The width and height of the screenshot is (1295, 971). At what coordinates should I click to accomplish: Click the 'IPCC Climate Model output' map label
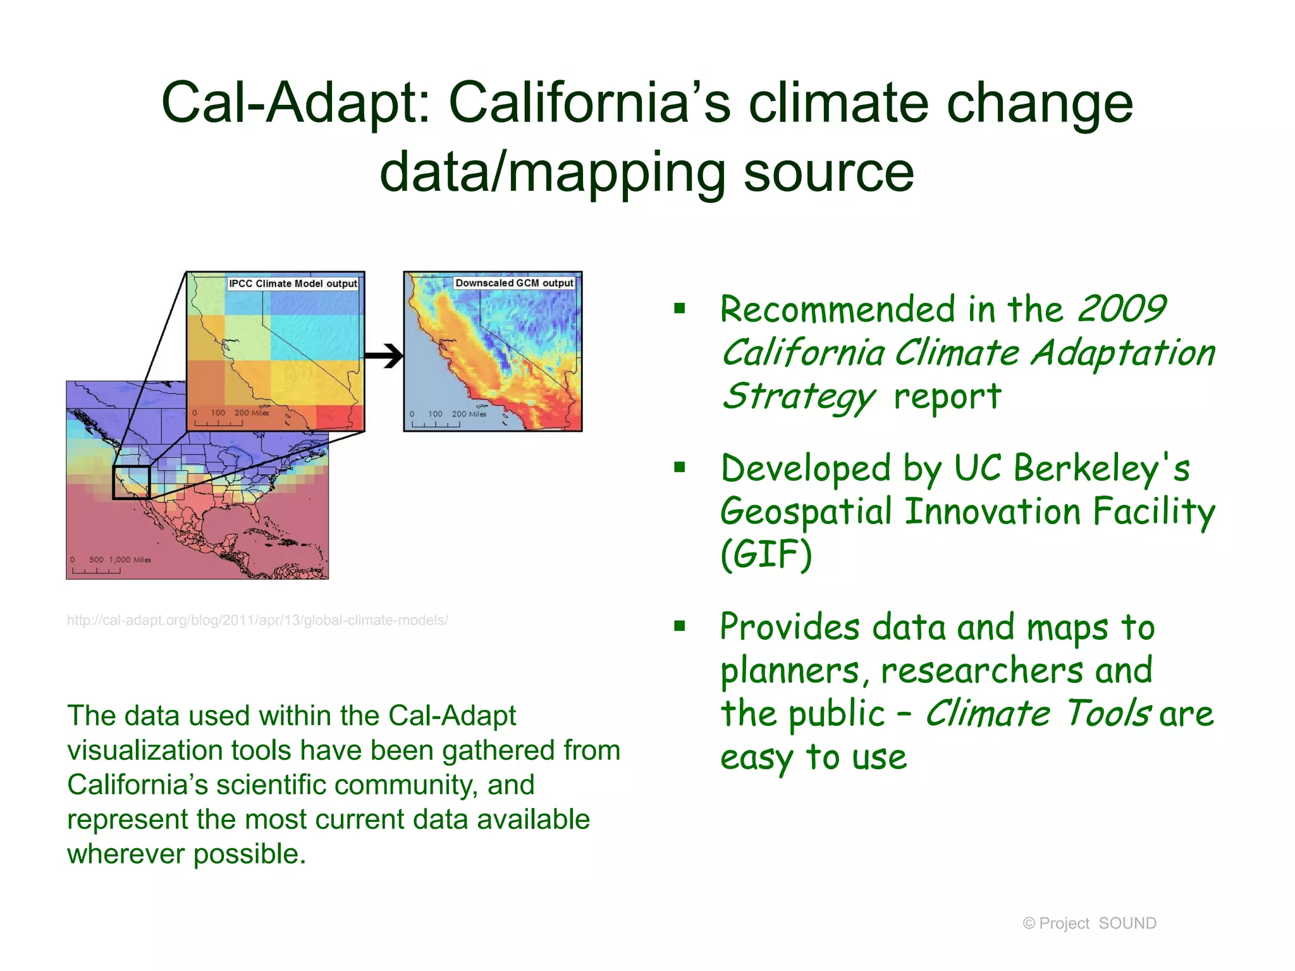(293, 284)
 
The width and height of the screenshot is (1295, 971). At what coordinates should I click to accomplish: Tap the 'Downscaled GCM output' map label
(514, 283)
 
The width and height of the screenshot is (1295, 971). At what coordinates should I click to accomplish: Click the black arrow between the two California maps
(384, 357)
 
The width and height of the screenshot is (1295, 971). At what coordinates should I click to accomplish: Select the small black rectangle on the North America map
(131, 482)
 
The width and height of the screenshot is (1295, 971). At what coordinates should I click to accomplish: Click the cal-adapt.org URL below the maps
(257, 620)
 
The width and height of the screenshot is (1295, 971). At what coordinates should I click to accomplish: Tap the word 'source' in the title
(828, 172)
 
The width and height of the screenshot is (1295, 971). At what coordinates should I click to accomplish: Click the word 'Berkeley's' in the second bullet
(1102, 468)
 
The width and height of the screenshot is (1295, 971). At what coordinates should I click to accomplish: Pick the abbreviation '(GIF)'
(766, 554)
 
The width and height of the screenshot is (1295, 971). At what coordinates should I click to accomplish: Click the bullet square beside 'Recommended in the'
(680, 309)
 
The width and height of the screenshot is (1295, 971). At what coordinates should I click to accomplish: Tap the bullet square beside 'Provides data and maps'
(680, 626)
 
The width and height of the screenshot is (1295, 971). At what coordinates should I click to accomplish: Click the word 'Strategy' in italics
(798, 397)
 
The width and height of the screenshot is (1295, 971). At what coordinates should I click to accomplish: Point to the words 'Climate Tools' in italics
(1037, 714)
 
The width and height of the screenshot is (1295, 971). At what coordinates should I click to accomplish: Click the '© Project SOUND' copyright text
(1089, 924)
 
